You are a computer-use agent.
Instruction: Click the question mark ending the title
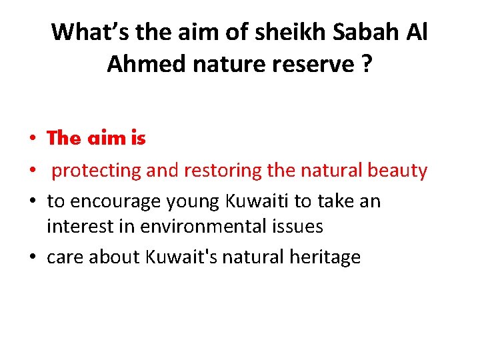tap(367, 64)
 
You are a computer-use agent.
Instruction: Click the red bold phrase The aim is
tap(96, 139)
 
